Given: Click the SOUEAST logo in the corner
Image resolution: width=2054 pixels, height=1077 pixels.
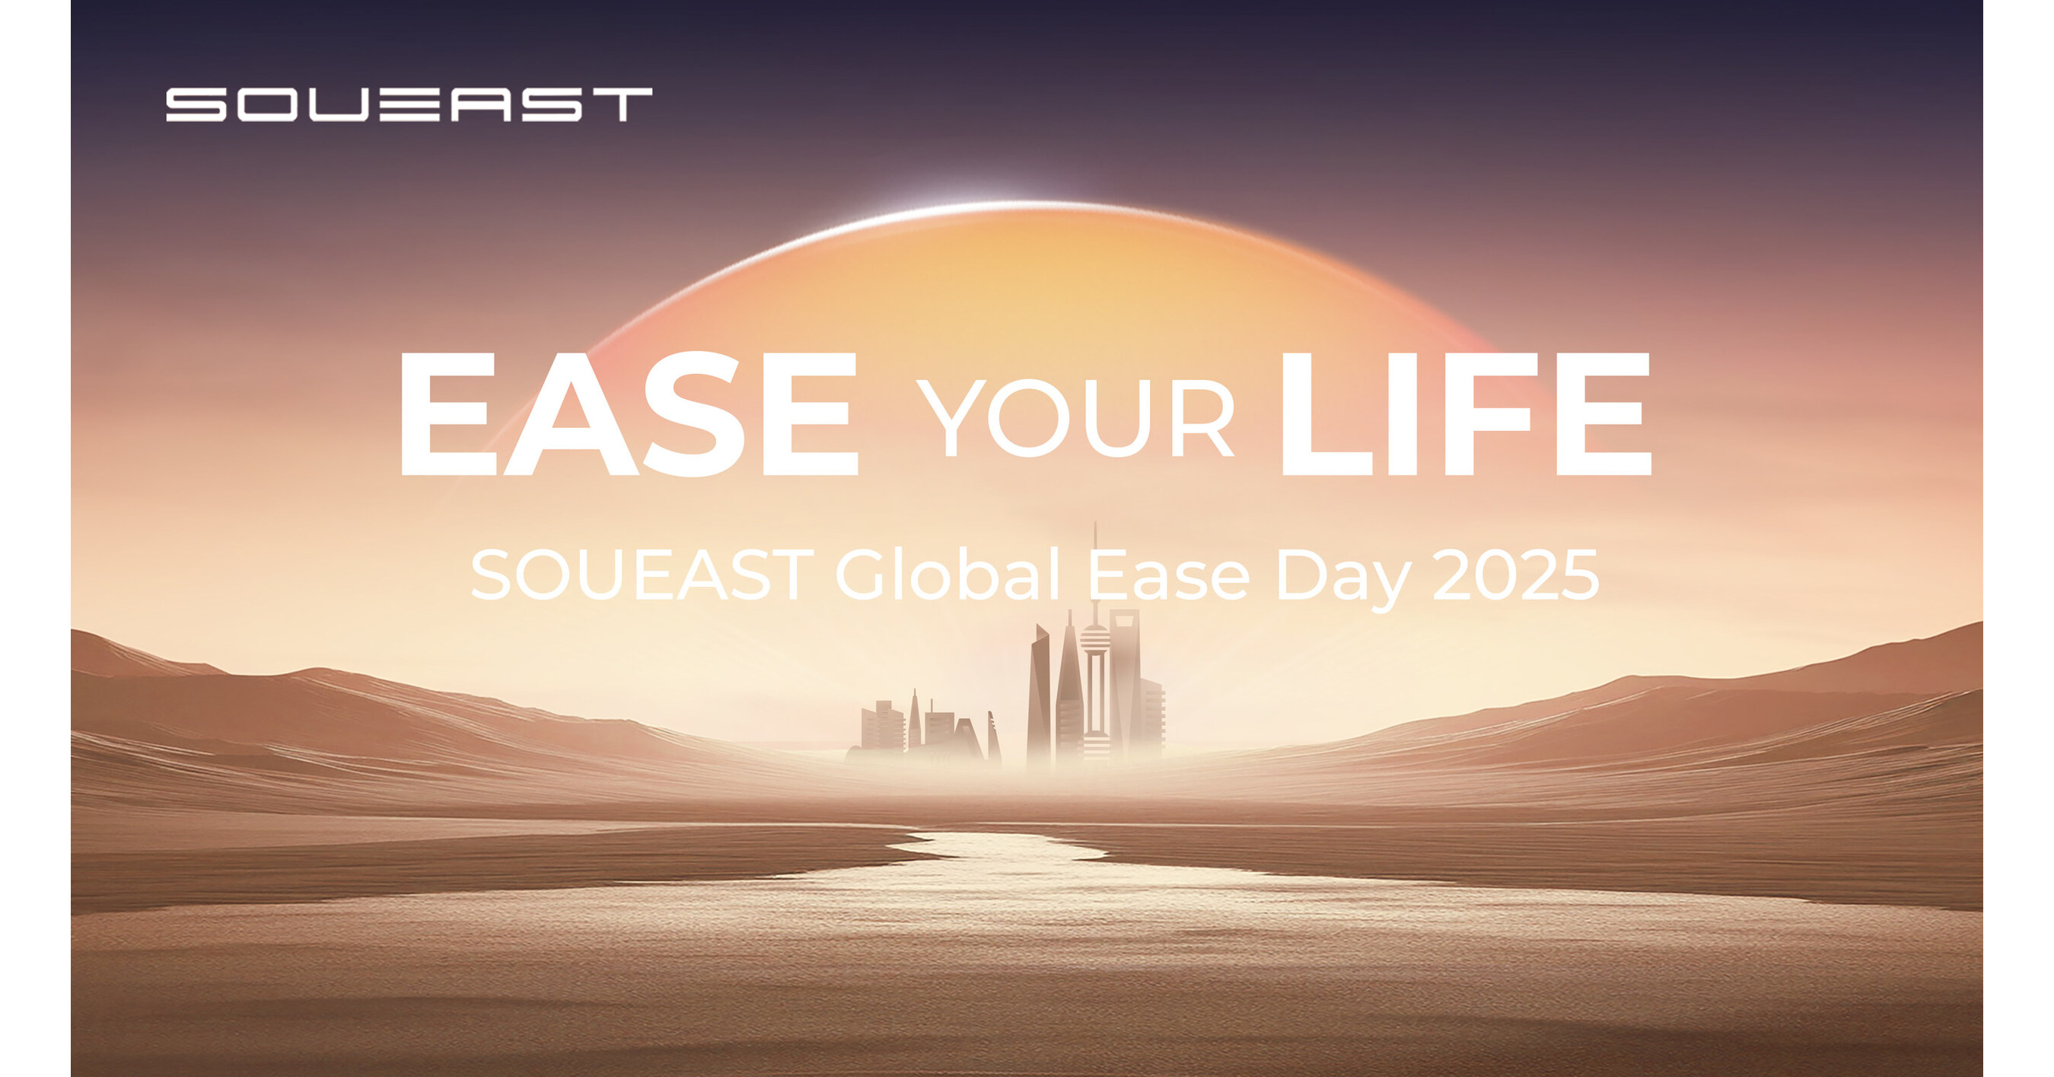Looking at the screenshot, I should pos(408,104).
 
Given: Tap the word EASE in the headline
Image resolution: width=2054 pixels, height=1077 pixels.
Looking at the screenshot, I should pos(629,415).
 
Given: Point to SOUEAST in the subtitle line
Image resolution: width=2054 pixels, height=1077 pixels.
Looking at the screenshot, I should pos(641,575).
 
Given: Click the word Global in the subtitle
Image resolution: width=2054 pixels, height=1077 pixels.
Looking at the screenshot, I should pos(947,575).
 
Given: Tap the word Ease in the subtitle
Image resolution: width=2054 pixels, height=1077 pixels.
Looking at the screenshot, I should pos(1169,575).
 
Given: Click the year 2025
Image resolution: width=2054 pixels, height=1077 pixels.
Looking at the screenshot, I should pos(1515,575).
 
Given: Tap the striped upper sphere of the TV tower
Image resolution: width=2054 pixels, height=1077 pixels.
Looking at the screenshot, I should pos(1095,638).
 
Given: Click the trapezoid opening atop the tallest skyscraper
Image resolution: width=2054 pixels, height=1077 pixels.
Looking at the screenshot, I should pos(1124,623).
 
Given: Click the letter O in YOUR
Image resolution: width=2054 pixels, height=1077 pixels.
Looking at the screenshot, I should pos(1029,418).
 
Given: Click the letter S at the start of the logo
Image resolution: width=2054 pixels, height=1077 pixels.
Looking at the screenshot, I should pos(196,104).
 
